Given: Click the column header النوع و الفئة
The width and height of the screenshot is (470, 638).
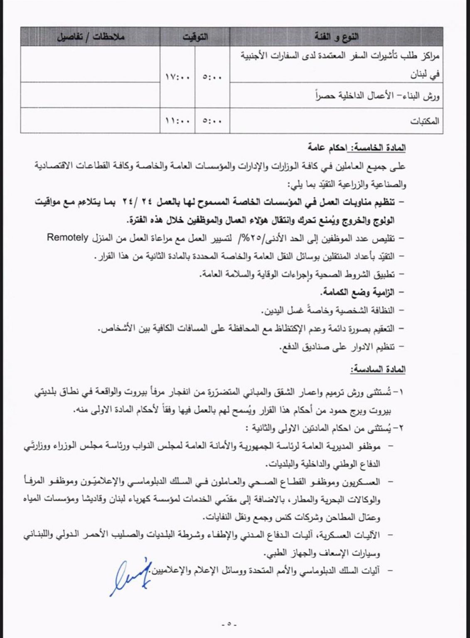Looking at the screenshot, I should [336, 37].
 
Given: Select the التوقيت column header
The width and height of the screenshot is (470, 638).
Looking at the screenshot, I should [195, 37].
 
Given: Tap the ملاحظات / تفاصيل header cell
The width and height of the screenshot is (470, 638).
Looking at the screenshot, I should [91, 37].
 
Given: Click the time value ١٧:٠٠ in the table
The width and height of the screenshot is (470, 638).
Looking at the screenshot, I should [177, 77].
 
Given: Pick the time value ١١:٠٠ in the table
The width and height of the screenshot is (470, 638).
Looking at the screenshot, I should [177, 121].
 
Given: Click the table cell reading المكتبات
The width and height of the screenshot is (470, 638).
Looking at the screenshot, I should [424, 121].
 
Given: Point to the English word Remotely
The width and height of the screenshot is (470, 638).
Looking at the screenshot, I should [68, 238].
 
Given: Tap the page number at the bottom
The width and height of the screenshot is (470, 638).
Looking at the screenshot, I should [229, 624].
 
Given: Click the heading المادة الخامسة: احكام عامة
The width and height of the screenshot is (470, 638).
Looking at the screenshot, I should [357, 148].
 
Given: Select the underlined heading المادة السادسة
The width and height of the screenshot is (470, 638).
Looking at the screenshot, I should [378, 369].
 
